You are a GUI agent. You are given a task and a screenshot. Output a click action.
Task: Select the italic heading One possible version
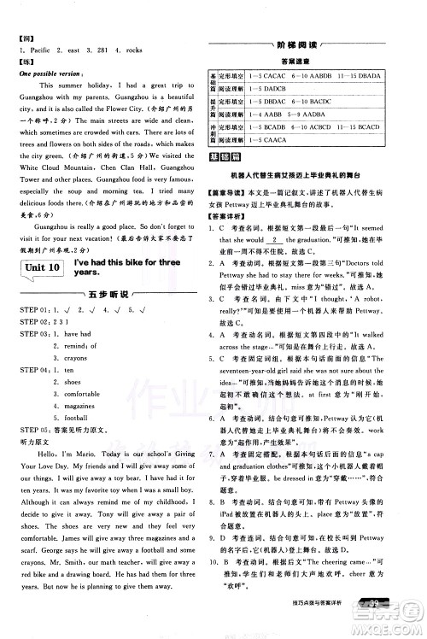50,73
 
